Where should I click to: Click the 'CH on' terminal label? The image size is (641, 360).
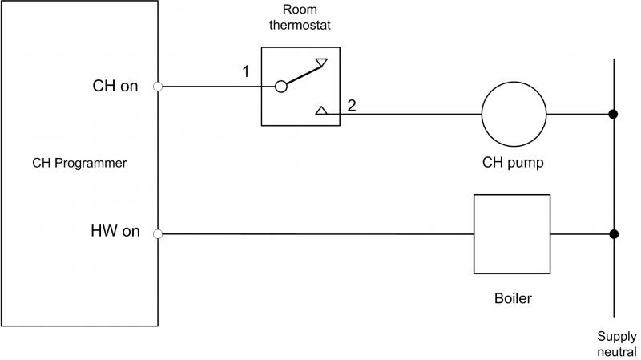click(116, 87)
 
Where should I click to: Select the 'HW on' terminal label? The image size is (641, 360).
click(115, 232)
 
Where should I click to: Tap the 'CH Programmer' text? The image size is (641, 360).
click(79, 163)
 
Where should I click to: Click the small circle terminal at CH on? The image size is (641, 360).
click(159, 87)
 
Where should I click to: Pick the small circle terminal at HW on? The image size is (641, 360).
click(159, 234)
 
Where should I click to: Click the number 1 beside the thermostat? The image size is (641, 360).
click(246, 72)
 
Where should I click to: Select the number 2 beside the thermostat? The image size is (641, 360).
click(352, 104)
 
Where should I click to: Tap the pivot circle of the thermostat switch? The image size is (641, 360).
click(280, 87)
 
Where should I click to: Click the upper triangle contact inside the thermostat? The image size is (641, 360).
click(320, 61)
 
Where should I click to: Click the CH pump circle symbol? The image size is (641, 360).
click(513, 114)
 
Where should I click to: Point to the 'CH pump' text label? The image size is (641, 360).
click(513, 163)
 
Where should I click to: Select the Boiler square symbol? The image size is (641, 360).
click(512, 234)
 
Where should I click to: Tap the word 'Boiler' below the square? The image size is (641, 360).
click(513, 299)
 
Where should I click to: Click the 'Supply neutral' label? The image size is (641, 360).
click(615, 343)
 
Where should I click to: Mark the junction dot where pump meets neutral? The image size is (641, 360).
click(613, 114)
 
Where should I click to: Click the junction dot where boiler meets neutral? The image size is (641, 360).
click(613, 234)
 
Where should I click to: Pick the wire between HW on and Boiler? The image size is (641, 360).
click(320, 234)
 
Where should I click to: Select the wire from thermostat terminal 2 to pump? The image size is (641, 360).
click(409, 114)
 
